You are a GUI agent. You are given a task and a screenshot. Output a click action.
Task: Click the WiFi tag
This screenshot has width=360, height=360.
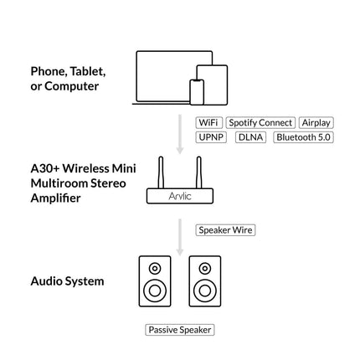(x=208, y=123)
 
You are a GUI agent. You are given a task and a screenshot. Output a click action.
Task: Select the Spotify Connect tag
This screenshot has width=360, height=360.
(x=260, y=123)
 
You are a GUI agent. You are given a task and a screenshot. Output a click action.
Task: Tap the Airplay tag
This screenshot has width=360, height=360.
(x=316, y=123)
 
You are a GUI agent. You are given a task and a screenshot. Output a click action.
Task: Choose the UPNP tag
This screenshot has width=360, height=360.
(x=211, y=137)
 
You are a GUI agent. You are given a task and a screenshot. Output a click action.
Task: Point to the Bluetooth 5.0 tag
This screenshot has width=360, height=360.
(x=303, y=137)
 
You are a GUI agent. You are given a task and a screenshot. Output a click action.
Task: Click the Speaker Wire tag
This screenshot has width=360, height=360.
(x=225, y=229)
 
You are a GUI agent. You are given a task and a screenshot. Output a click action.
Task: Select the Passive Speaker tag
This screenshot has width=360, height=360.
(x=180, y=330)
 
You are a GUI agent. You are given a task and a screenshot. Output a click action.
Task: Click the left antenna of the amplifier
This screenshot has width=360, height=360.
(x=162, y=172)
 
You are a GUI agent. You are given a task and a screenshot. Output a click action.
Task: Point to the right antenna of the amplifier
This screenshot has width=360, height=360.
(x=198, y=172)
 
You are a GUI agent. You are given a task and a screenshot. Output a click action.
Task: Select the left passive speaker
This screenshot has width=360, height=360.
(x=154, y=283)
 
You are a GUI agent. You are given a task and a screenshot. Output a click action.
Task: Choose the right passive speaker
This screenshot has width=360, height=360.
(x=205, y=283)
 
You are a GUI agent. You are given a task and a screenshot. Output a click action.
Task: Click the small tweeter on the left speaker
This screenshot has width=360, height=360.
(x=154, y=268)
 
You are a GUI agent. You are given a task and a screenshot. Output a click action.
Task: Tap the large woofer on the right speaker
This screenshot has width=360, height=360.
(x=205, y=291)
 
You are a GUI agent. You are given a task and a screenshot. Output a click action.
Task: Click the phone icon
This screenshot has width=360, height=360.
(x=198, y=92)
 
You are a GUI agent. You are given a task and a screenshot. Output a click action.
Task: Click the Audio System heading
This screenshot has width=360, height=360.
(x=67, y=281)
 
